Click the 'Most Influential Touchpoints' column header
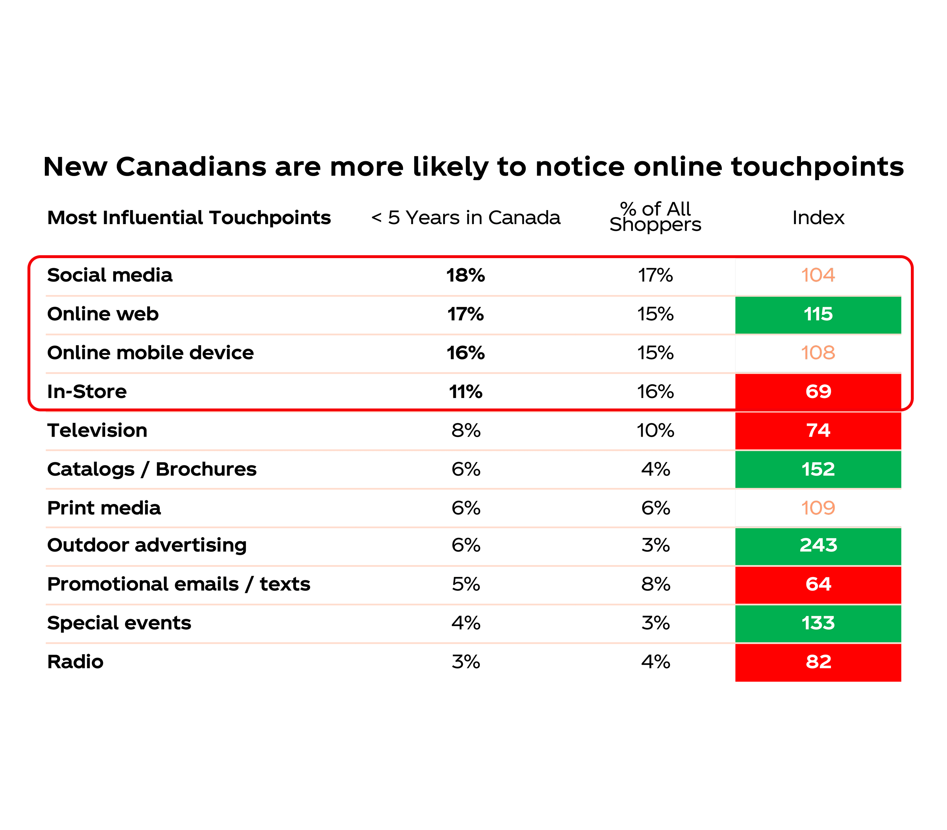189,218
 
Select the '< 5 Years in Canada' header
466,218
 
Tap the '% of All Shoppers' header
655,217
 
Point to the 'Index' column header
818,218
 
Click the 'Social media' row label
110,275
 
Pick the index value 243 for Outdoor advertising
818,545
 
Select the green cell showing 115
818,315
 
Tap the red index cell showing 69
818,392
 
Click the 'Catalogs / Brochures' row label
152,470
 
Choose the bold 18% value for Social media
466,275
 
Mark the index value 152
818,470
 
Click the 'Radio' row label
76,662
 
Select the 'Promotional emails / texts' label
179,585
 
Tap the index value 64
818,585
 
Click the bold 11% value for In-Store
466,392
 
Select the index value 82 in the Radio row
818,662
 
